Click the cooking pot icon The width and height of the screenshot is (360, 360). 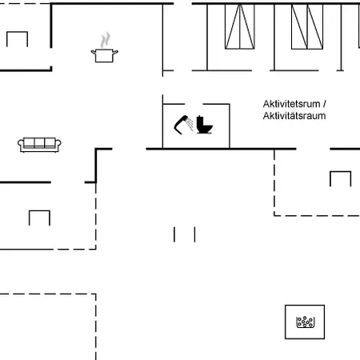pos(105,55)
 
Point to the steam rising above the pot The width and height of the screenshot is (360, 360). pos(106,40)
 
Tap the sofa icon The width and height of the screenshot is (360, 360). pos(39,145)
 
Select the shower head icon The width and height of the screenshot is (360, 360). pos(183,125)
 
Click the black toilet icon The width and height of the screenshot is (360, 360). pos(205,125)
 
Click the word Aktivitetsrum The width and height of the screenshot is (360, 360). pos(291,104)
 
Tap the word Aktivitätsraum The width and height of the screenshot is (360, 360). pos(294,116)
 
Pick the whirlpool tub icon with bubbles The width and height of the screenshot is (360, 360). pos(306,322)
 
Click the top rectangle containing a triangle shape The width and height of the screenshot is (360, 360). pos(240,26)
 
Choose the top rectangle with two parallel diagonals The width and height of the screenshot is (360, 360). pos(307,26)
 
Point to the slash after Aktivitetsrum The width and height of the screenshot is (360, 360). pos(324,104)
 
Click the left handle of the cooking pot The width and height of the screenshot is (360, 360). pos(94,52)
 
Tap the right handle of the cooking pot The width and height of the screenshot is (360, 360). pos(115,52)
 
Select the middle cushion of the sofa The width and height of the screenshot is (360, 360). pos(39,142)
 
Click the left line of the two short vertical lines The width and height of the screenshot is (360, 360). pos(174,234)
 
